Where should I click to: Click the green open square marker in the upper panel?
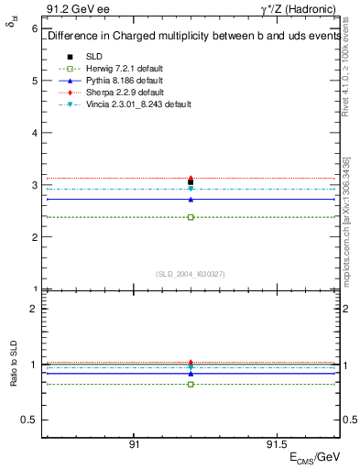(x=191, y=217)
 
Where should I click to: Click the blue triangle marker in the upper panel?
(x=191, y=199)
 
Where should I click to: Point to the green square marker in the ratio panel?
(x=191, y=384)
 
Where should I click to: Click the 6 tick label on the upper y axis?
(x=34, y=28)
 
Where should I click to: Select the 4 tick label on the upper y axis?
(x=34, y=133)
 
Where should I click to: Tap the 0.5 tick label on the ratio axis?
(x=29, y=420)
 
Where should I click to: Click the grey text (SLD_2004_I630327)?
(x=191, y=273)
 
